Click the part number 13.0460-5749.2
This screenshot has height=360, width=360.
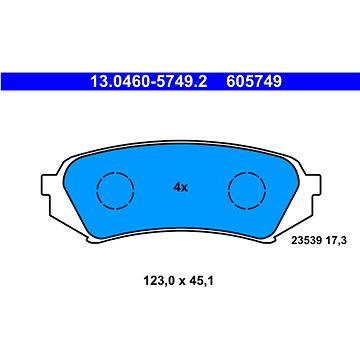pos(149,82)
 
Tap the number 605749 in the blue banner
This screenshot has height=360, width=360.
pos(254,82)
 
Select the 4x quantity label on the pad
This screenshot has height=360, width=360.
pos(180,188)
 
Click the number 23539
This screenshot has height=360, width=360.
pos(305,241)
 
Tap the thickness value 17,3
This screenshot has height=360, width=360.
pos(331,241)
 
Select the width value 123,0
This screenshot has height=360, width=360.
pos(157,282)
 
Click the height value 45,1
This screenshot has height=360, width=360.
pos(201,282)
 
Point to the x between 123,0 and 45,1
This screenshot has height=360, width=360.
pos(181,283)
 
